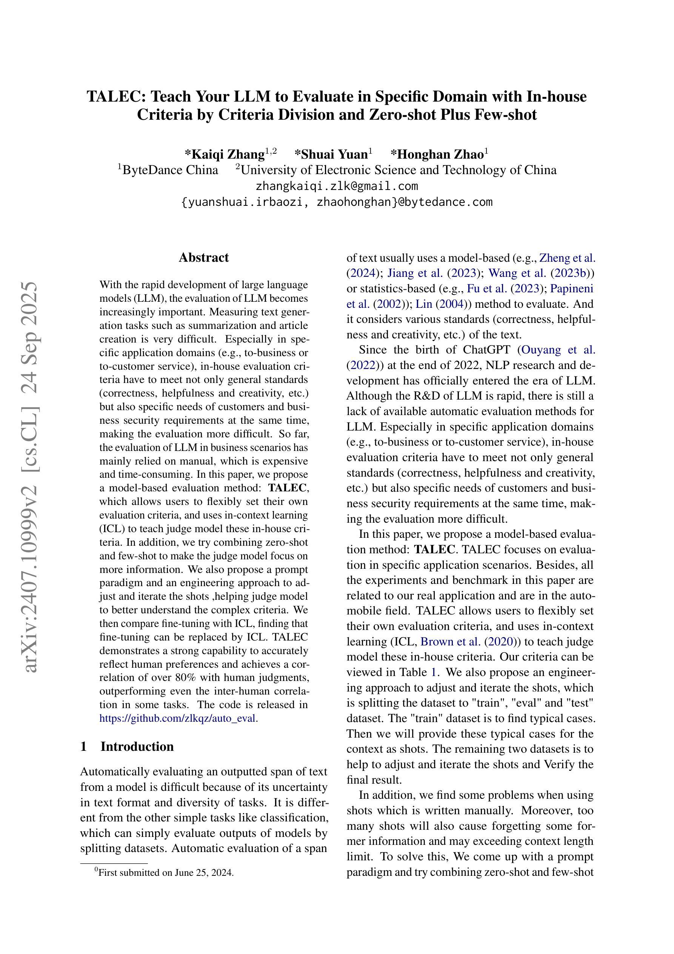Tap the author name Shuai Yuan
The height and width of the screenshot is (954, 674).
[x=331, y=154]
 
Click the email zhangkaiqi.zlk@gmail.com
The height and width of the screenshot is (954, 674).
[x=336, y=186]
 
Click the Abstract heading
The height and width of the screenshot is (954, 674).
[x=203, y=258]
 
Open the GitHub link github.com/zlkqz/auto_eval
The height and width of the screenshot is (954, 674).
[x=179, y=718]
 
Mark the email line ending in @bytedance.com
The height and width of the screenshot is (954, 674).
[x=336, y=202]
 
